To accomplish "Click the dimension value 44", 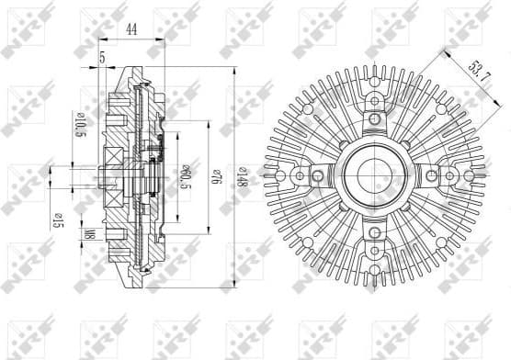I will [x=131, y=29].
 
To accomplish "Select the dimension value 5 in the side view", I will [x=101, y=58].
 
